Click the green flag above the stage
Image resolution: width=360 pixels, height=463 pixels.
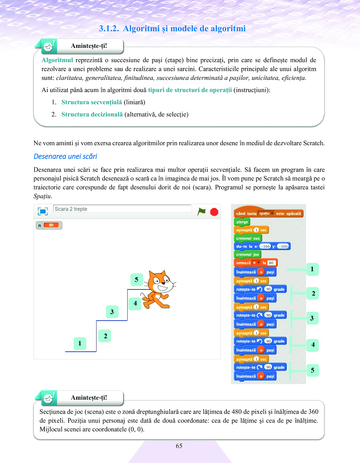point(201,212)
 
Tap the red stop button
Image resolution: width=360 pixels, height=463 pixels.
point(214,212)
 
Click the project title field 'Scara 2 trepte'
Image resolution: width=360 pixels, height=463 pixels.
point(122,209)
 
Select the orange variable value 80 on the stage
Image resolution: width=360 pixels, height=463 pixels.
point(51,225)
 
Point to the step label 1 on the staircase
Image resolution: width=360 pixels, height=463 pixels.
point(80,343)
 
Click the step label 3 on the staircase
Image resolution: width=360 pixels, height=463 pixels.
point(112,312)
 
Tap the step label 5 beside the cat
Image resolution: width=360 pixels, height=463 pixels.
point(136,280)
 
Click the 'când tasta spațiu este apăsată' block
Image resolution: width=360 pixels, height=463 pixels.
point(268,213)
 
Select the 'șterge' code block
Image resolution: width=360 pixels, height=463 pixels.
point(242,222)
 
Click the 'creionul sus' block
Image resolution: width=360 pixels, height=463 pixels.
point(248,238)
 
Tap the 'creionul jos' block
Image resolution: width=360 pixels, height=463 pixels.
point(247,255)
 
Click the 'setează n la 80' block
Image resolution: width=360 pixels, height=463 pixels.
point(255,263)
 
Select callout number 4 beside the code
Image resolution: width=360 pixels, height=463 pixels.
point(313,345)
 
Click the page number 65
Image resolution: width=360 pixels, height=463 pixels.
point(179,446)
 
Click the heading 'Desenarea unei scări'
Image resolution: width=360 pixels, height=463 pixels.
point(65,156)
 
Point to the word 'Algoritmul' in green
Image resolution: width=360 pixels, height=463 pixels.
point(57,60)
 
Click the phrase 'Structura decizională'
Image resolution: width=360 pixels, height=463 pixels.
point(92,114)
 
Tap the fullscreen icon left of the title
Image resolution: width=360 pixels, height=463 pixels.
point(43,211)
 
